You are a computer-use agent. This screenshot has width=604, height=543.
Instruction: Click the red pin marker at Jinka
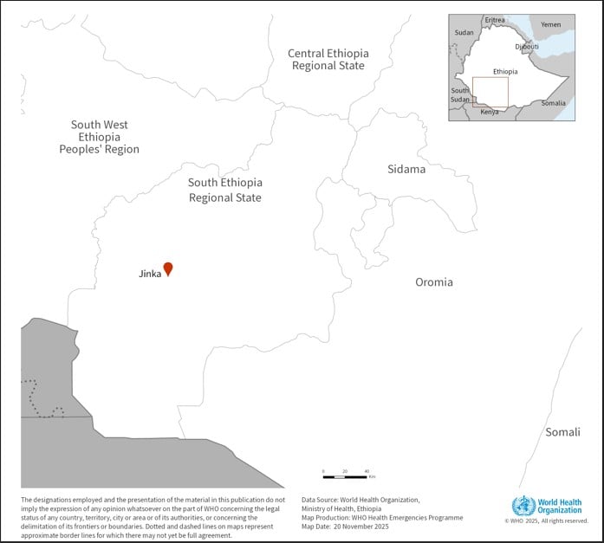tap(168, 268)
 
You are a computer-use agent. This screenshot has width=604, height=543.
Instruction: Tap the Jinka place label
tap(149, 274)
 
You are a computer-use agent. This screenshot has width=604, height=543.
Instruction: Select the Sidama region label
tap(406, 169)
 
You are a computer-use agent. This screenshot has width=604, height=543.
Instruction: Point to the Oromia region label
tap(433, 281)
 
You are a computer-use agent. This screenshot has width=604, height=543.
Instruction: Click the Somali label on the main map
tap(562, 432)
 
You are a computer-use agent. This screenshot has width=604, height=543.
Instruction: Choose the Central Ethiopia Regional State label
tap(328, 59)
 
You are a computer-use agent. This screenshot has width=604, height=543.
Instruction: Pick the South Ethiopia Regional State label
tap(225, 190)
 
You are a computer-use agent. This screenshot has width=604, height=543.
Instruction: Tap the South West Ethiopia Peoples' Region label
tap(99, 137)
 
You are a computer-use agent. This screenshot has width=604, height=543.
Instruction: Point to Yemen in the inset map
tap(550, 24)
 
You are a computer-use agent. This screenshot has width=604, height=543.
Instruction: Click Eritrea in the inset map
tap(495, 20)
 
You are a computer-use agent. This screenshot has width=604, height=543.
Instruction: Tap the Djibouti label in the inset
tap(527, 46)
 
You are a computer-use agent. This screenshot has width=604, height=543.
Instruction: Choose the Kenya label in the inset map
tap(490, 112)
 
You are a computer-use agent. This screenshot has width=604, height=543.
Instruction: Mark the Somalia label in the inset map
tap(554, 103)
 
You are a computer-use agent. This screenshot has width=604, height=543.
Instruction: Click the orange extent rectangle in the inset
tap(490, 93)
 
